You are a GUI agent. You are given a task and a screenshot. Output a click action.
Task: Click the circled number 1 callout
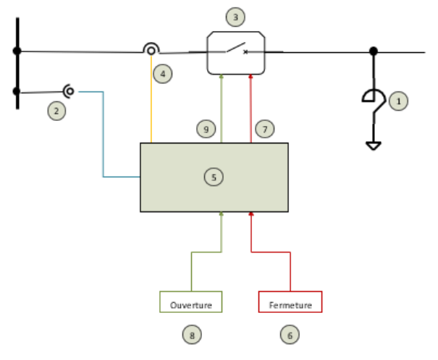coord(398,101)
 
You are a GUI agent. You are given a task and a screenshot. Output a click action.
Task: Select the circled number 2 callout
coord(56,111)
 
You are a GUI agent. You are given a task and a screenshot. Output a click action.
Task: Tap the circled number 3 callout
coord(235,17)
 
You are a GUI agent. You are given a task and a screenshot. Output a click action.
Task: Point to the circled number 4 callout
coord(163,74)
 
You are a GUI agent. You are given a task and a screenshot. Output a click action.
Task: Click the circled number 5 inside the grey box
coord(214,177)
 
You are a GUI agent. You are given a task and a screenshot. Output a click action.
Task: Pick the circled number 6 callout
coord(290,335)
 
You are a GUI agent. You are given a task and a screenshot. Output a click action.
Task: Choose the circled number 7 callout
coord(265,129)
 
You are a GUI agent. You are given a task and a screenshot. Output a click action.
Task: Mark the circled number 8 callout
coord(192,335)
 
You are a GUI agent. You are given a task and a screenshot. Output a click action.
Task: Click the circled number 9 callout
coord(206,129)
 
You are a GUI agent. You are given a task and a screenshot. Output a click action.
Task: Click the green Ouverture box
coord(191,301)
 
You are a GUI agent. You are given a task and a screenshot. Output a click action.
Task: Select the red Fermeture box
coord(290,301)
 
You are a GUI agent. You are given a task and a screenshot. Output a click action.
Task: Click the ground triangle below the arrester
coord(374,146)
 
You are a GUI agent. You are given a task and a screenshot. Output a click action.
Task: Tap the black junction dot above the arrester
coord(374,51)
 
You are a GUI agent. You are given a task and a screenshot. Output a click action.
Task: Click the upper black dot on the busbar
coord(17,51)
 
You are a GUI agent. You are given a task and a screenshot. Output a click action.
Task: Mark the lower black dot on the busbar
coord(17,91)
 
